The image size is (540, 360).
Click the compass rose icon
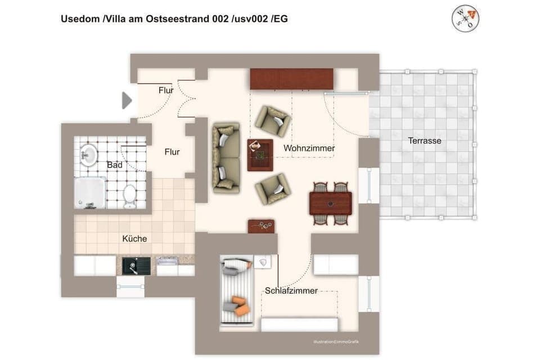(x=465, y=19)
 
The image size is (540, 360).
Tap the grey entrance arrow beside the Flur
(x=127, y=101)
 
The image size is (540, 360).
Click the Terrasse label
(x=425, y=141)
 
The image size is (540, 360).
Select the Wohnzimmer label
(x=309, y=148)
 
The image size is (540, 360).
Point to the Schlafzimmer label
(x=291, y=291)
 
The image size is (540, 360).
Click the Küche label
(x=134, y=238)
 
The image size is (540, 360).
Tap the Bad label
(x=115, y=165)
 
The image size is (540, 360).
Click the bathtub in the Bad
(x=90, y=192)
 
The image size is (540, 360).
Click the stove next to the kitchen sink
(x=168, y=265)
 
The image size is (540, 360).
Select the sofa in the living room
(x=226, y=158)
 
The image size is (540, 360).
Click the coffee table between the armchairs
(x=260, y=154)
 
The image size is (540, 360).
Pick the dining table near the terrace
(x=330, y=203)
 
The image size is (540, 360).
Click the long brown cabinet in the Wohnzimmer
(x=291, y=79)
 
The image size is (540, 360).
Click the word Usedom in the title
(x=80, y=19)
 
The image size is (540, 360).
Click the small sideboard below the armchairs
(x=261, y=226)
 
